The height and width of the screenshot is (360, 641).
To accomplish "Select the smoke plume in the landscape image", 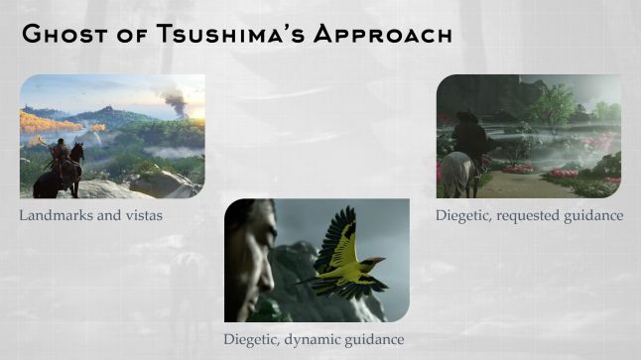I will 174,99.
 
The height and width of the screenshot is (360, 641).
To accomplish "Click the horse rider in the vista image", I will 60,154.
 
